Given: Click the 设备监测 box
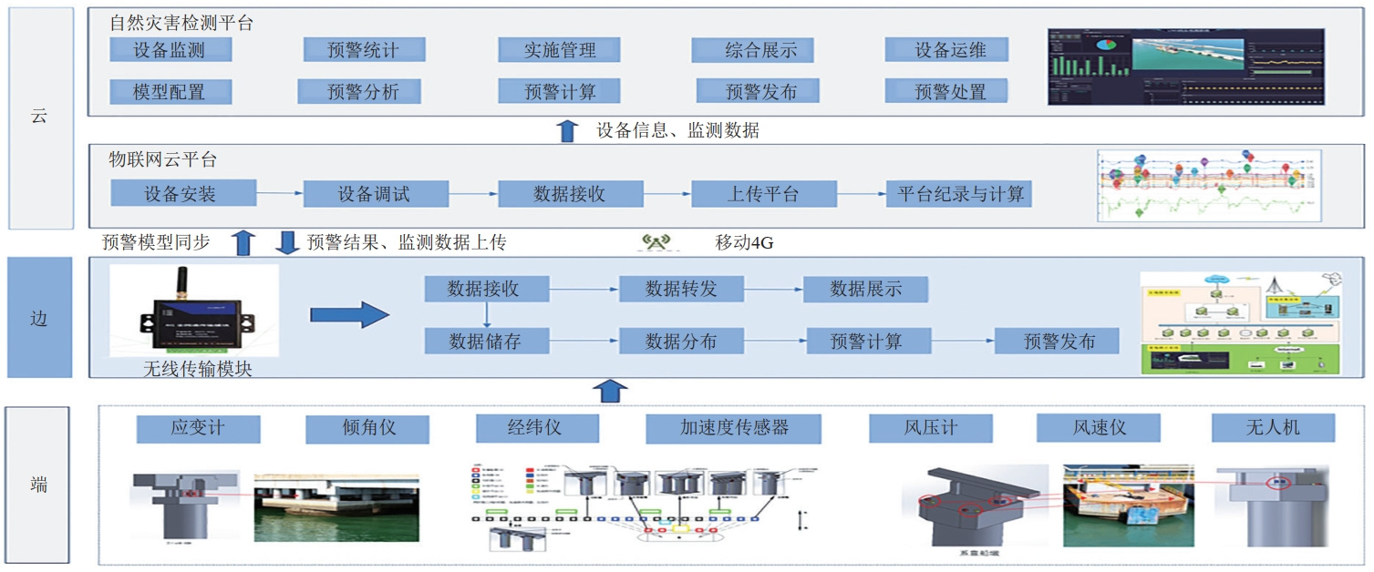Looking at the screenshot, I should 170,50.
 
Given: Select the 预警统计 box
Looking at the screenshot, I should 364,50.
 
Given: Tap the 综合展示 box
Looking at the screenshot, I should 752,50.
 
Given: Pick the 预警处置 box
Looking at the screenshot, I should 949,91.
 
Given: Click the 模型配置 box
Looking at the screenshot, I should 170,91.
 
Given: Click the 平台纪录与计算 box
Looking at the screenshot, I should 961,193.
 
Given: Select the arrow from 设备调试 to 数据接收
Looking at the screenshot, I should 473,193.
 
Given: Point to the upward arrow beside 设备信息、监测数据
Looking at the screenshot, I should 567,131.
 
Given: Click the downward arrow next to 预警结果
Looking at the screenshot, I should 287,243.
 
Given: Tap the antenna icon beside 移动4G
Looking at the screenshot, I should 656,243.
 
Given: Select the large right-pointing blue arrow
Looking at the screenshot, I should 349,315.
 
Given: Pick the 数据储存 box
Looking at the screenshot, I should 485,342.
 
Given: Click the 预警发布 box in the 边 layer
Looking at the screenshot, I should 1057,342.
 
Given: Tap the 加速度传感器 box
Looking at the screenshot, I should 733,428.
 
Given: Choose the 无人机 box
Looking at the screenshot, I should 1272,428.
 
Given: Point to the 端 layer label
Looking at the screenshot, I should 37,485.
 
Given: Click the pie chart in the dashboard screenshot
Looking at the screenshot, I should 1106,44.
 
